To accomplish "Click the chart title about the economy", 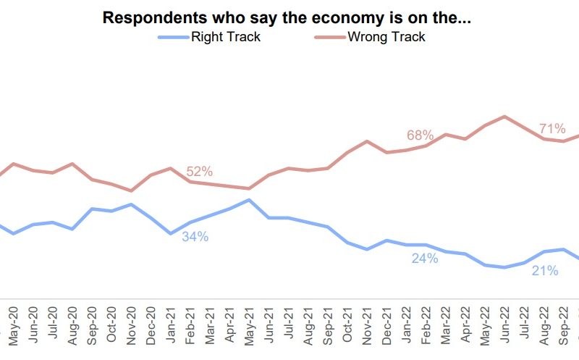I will [x=287, y=18].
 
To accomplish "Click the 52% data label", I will [x=199, y=172].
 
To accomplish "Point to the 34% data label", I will [x=195, y=236].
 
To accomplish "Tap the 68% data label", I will [x=420, y=135].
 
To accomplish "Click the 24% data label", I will [x=425, y=259].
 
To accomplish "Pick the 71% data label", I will [x=552, y=129].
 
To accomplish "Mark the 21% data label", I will [x=545, y=271].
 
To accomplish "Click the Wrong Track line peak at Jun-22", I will [x=504, y=116].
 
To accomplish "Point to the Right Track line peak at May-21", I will [x=249, y=199].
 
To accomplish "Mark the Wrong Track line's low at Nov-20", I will [x=131, y=191].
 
